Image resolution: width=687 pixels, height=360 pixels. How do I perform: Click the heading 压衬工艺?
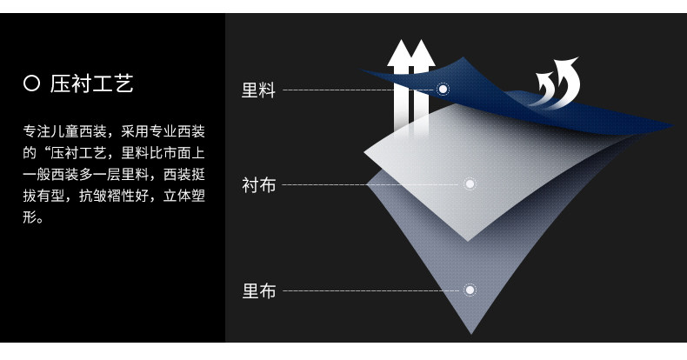point(92,84)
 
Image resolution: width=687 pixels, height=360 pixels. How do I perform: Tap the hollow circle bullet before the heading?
point(32,84)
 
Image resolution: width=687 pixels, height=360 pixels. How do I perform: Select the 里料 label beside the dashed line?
point(258,90)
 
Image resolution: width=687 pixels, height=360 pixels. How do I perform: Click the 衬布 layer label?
point(258,184)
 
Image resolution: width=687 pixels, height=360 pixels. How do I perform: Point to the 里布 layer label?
point(258,291)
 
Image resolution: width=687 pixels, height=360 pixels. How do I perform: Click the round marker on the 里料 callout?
point(443,89)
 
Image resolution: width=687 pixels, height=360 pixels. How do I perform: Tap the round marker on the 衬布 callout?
point(470,184)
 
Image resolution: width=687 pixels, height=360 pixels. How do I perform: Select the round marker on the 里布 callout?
point(470,290)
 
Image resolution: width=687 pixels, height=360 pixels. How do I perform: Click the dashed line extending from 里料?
point(357,90)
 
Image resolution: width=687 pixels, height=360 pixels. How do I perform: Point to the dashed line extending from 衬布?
point(370,184)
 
